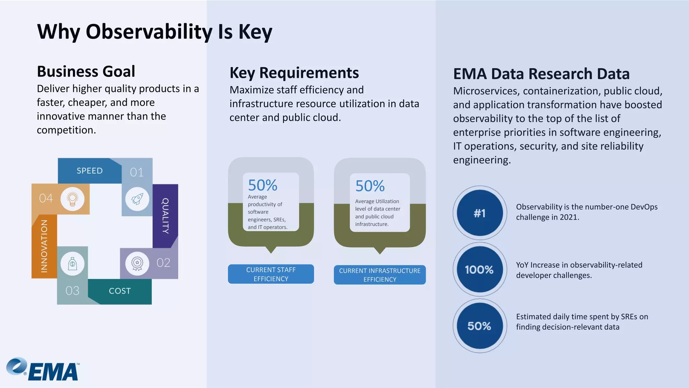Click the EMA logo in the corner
click(43, 369)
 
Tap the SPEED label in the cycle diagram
click(89, 171)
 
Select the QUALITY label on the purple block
click(165, 216)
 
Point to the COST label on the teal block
click(120, 291)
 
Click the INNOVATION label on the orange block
click(44, 246)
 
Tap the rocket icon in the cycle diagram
click(137, 199)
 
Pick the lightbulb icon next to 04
click(72, 199)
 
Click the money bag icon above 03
click(72, 264)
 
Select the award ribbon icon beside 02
click(137, 263)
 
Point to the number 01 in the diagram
click(137, 172)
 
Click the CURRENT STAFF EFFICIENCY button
click(271, 274)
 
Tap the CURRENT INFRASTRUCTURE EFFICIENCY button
click(379, 275)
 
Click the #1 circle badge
click(480, 213)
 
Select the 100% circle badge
click(480, 269)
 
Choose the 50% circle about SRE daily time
click(480, 326)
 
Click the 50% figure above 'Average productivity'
click(262, 185)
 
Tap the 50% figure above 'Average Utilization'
click(370, 186)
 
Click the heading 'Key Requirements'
click(294, 73)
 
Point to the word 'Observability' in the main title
click(149, 32)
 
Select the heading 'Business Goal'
click(86, 71)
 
